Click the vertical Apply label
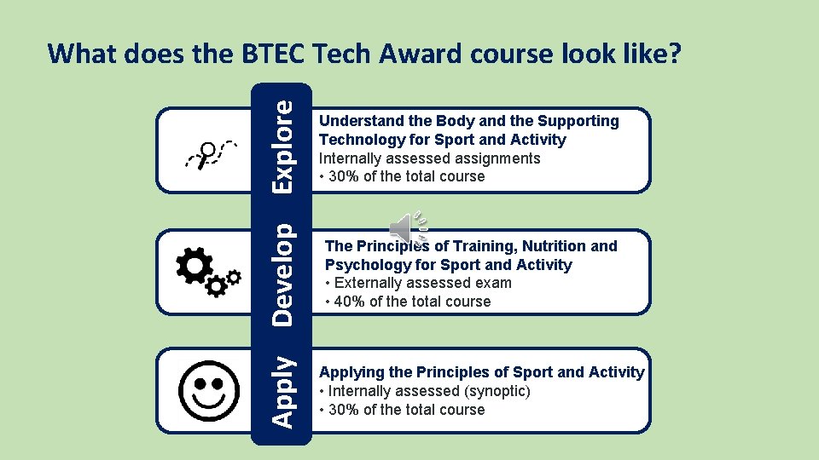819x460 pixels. click(x=285, y=391)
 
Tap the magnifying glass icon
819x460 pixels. click(x=206, y=154)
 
